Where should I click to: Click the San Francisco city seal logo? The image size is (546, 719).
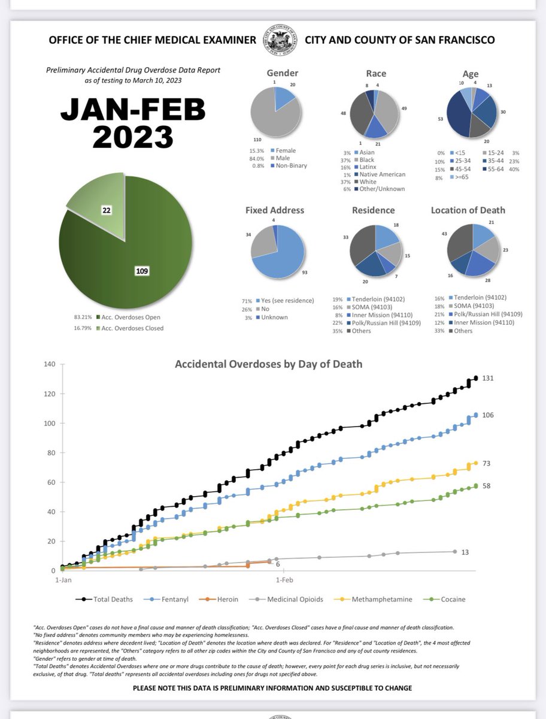[280, 40]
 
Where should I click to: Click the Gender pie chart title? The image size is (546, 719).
[283, 72]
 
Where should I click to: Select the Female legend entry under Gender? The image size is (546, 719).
[283, 150]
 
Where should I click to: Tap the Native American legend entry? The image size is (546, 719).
[380, 174]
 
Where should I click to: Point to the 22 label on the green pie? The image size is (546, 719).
[107, 210]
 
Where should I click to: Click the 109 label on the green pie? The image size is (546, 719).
[142, 271]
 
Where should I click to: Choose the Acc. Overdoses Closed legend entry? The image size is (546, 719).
[130, 328]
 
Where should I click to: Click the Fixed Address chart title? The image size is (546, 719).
[275, 210]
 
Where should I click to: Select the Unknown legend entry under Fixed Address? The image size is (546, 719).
[272, 317]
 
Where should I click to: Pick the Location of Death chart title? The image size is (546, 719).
[468, 210]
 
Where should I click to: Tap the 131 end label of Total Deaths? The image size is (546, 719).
[488, 378]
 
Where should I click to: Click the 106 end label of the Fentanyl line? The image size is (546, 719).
[488, 415]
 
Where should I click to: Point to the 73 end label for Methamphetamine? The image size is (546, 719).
[487, 463]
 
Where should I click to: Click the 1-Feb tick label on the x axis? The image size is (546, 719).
[284, 580]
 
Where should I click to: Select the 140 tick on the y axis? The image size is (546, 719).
[50, 364]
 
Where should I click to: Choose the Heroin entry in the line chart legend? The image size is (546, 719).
[219, 599]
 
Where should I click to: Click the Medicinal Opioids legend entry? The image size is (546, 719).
[286, 599]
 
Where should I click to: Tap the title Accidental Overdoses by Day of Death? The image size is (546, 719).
[269, 364]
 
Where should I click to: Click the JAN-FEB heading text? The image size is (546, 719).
[133, 110]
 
